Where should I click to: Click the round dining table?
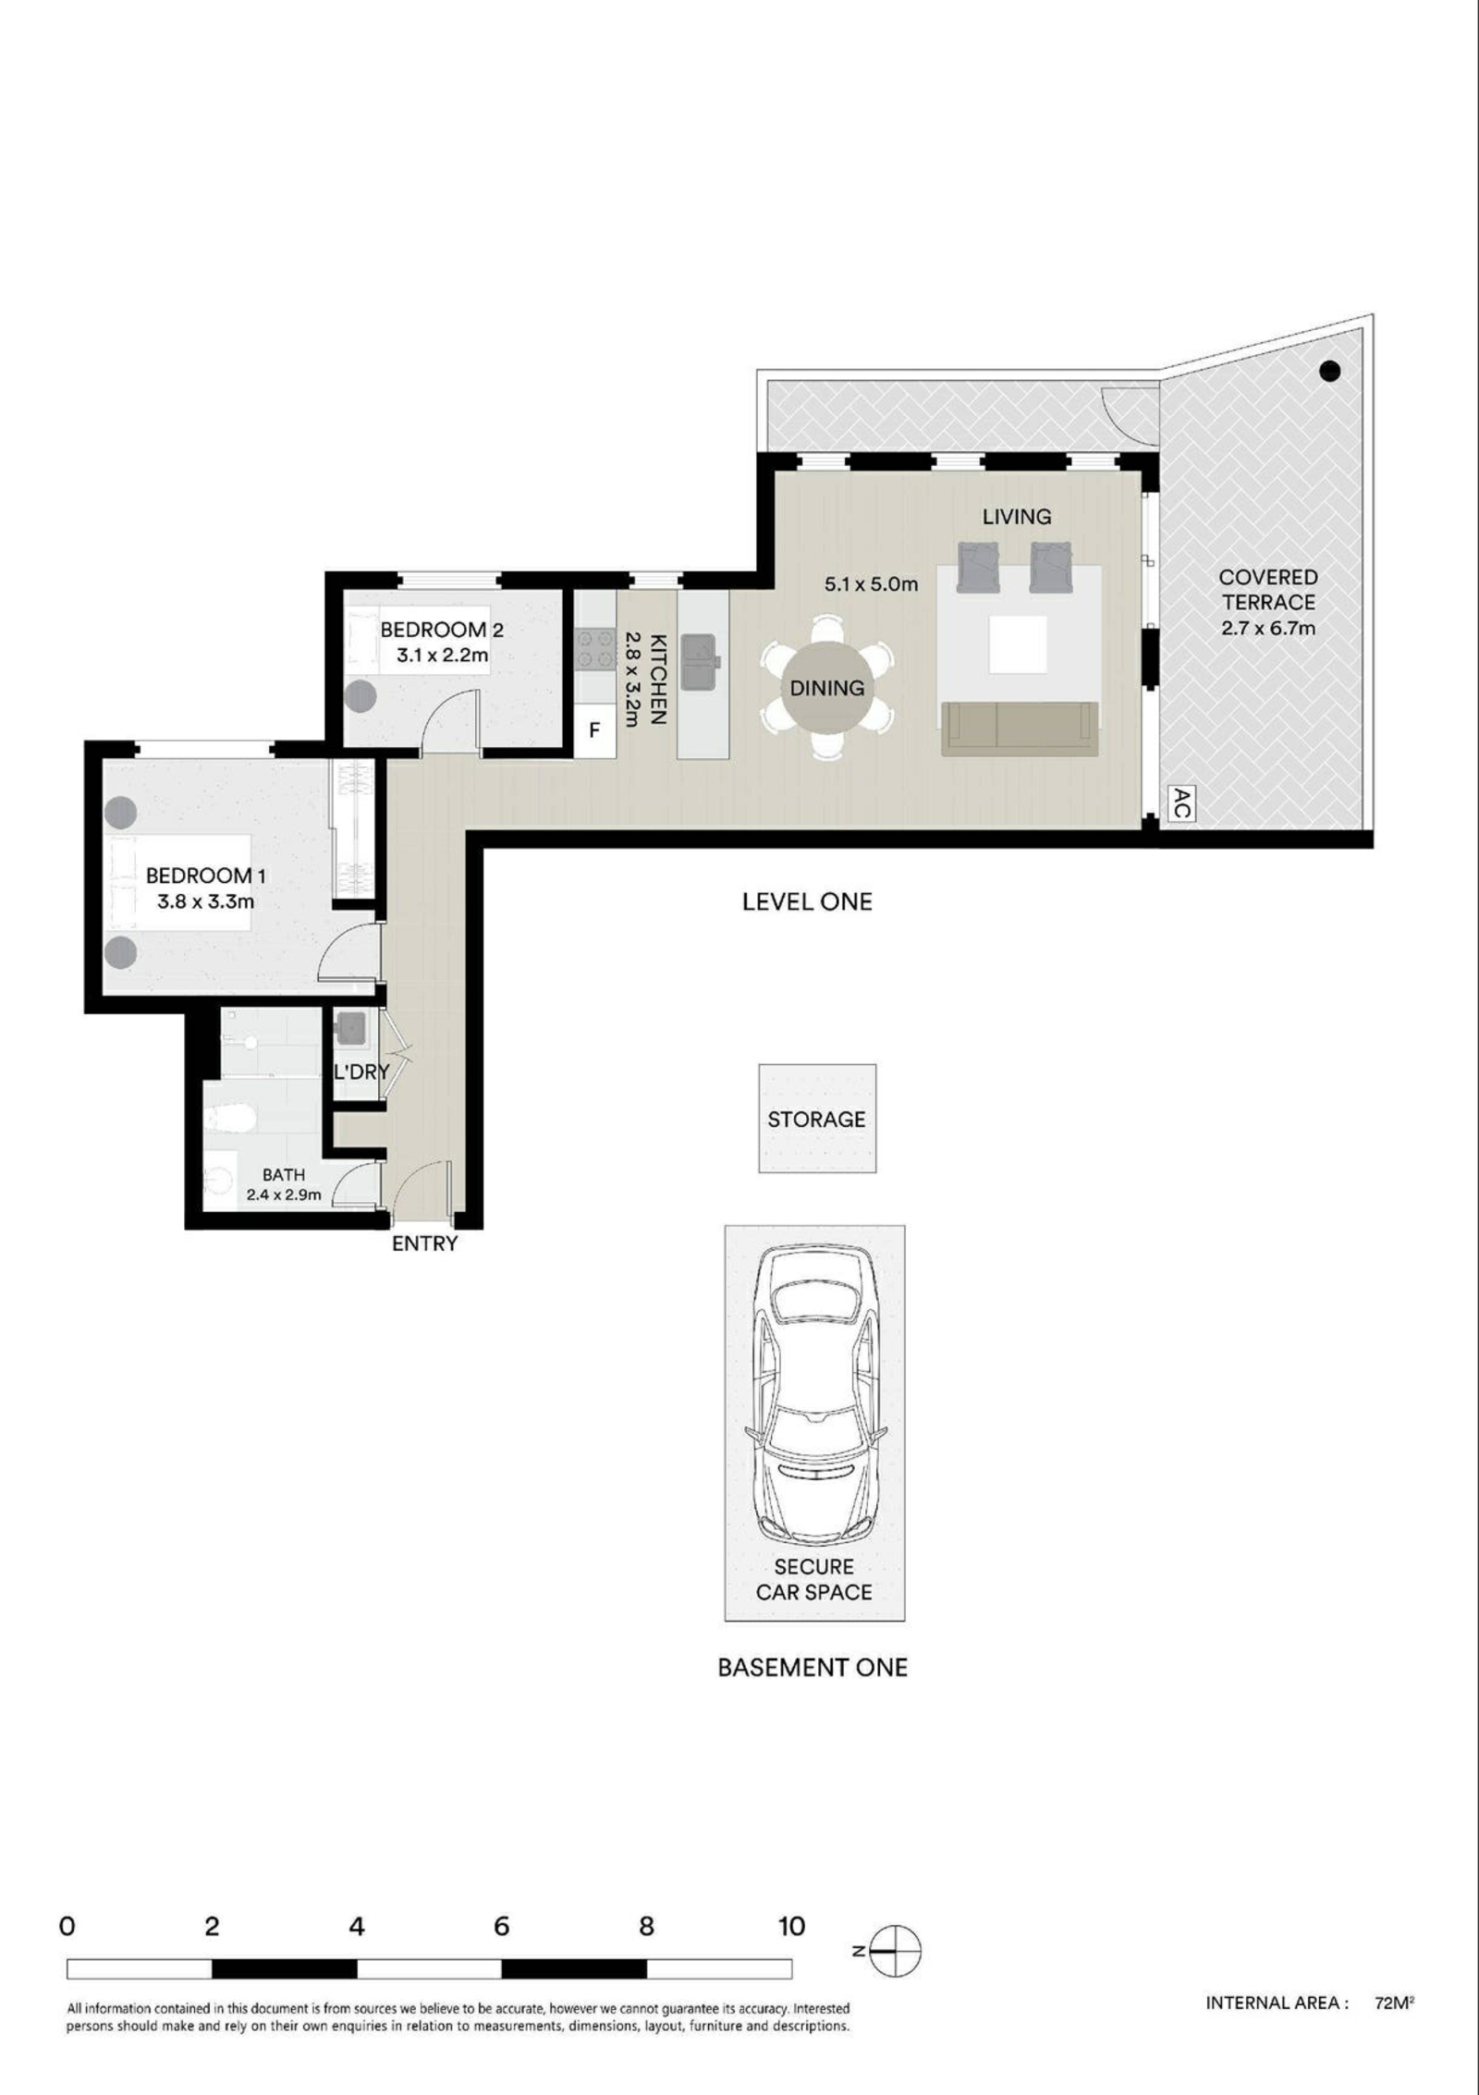coord(827,687)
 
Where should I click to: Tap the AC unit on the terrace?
coord(1180,803)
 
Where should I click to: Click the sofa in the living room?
coord(1020,729)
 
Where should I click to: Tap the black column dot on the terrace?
coord(1329,371)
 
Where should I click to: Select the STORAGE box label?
coord(816,1120)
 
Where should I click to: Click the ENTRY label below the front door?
coord(424,1244)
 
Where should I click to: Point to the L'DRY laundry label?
coord(361,1072)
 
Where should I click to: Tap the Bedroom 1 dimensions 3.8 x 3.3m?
coord(205,900)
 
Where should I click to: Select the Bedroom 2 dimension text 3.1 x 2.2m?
coord(442,655)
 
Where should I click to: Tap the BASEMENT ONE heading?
coord(813,1668)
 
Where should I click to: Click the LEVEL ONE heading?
coord(807,901)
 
